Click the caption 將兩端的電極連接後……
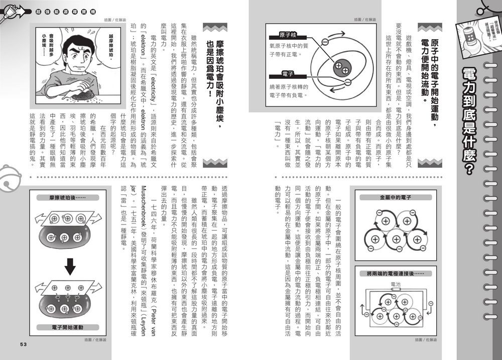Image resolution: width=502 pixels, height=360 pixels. pyautogui.click(x=395, y=274)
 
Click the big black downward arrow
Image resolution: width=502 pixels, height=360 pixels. pyautogui.click(x=70, y=267)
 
